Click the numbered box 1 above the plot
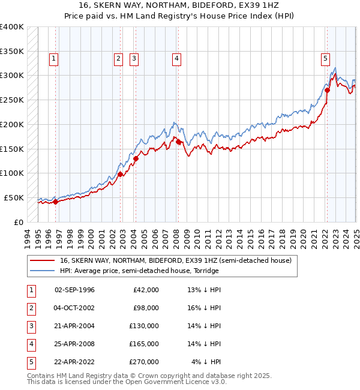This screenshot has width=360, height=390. click(54, 58)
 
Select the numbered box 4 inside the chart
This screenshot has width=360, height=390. click(177, 58)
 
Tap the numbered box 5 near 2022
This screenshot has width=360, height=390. click(325, 58)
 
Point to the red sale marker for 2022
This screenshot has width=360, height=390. click(328, 90)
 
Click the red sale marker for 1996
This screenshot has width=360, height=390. click(55, 202)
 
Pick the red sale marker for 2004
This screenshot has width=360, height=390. click(136, 158)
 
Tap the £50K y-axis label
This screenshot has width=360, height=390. click(14, 197)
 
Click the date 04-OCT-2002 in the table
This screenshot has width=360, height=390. click(74, 308)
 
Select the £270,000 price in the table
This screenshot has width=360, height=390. click(145, 362)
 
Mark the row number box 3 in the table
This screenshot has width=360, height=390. click(30, 326)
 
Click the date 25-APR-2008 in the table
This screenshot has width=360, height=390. click(74, 344)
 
